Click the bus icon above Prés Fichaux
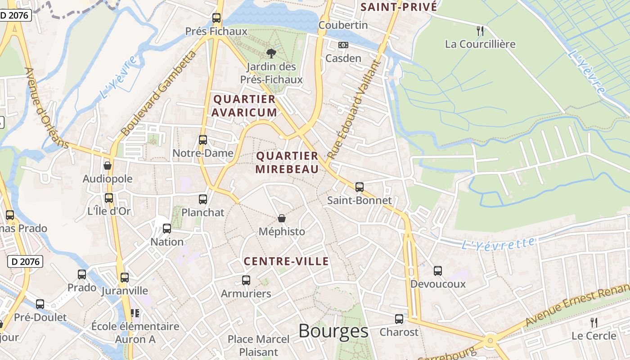tap(216, 18)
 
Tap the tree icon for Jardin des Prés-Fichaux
tap(271, 54)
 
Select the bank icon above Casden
tap(343, 45)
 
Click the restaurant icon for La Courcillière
tap(480, 31)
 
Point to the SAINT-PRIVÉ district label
tap(399, 7)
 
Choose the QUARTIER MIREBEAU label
tap(287, 162)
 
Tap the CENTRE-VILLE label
tap(286, 261)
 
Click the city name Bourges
tap(333, 331)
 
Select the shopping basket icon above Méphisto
tap(282, 218)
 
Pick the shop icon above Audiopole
tap(107, 166)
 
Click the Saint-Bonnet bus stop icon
tap(359, 187)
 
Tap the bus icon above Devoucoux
tap(438, 270)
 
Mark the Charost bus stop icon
tap(399, 319)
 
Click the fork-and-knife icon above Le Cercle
tap(594, 322)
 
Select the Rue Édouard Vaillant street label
tap(355, 108)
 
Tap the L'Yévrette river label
tap(498, 243)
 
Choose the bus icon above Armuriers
tap(246, 280)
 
